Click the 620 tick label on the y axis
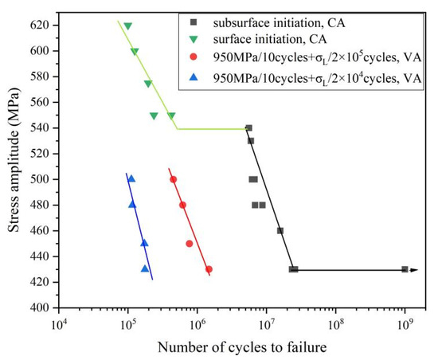[41, 25]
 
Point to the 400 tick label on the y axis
[41, 307]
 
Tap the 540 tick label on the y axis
[41, 128]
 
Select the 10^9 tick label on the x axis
[405, 324]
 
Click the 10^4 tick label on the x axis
[58, 324]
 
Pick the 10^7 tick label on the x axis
[266, 324]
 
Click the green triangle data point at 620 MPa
[127, 26]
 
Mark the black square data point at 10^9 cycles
[405, 269]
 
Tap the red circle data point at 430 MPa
[209, 269]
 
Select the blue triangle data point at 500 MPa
[131, 178]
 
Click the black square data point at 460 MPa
[280, 231]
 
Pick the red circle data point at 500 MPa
[173, 179]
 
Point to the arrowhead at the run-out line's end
[415, 270]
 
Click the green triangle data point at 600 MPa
[135, 52]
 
